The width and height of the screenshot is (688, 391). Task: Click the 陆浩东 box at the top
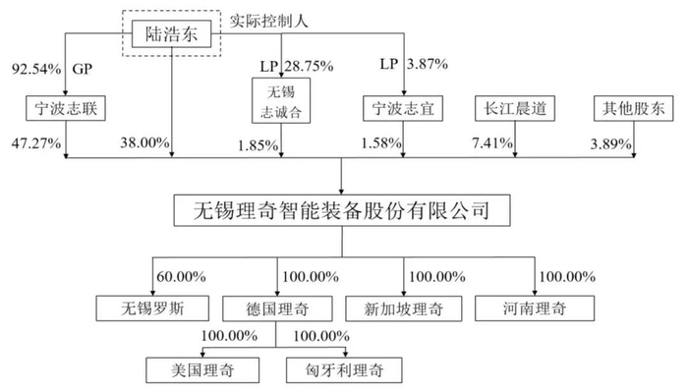(x=172, y=33)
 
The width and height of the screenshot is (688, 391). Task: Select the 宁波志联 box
(x=66, y=108)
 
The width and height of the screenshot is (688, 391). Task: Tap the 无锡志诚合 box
(x=281, y=100)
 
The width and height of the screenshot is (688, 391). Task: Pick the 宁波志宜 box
(x=403, y=108)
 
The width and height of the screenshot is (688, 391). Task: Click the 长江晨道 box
(x=515, y=108)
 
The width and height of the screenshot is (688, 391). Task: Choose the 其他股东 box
(x=634, y=108)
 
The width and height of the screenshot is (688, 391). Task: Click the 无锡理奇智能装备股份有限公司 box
(x=342, y=210)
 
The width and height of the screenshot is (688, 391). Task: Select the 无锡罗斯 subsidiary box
(x=152, y=308)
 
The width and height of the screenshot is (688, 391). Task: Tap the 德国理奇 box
(x=277, y=308)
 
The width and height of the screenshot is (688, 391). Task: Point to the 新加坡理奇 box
(x=404, y=308)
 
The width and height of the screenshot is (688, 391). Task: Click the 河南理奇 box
(x=535, y=308)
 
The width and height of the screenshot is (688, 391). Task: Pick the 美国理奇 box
(x=202, y=370)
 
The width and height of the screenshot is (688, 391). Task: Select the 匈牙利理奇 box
(x=344, y=370)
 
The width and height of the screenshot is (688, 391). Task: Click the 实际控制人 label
(x=268, y=21)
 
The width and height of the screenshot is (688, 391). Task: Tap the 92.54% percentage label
(x=36, y=69)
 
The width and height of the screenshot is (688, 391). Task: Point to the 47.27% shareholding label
(x=36, y=143)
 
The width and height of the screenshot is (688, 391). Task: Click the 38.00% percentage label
(x=144, y=142)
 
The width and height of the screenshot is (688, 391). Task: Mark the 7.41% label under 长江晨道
(x=492, y=142)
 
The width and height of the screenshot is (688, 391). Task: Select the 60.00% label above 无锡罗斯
(x=181, y=277)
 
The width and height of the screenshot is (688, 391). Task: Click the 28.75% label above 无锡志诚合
(x=309, y=66)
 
